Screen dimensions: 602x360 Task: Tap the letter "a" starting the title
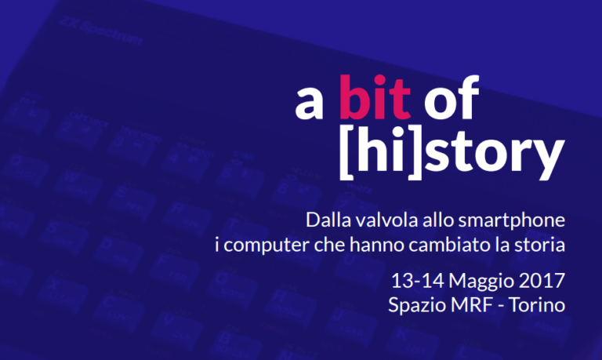309,104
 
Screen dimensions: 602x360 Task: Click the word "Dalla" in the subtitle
328,220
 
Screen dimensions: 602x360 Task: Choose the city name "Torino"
537,304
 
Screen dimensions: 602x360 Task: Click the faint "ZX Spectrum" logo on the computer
101,31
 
